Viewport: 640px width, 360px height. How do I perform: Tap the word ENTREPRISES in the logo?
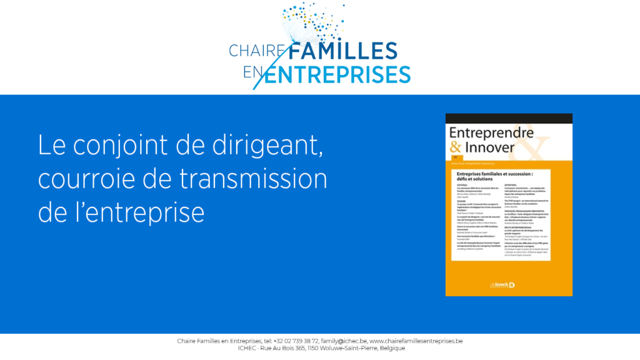pos(338,74)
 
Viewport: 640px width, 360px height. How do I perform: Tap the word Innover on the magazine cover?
pos(490,147)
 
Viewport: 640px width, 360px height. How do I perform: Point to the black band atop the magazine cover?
pos(509,118)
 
